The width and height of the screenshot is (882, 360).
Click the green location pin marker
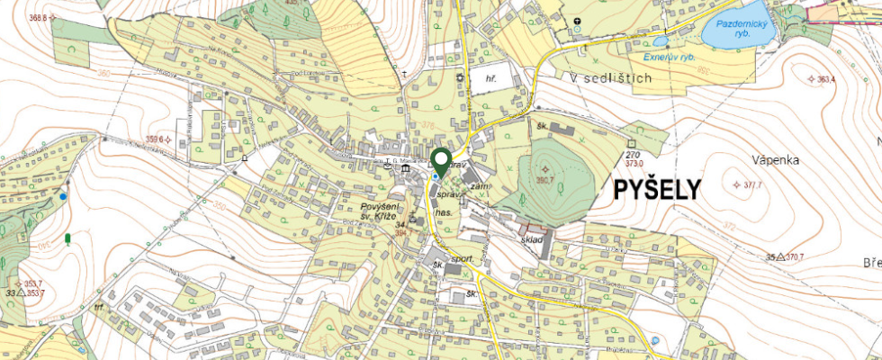point(441,162)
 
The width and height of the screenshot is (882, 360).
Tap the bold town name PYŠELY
point(658,190)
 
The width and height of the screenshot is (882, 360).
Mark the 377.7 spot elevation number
point(752,184)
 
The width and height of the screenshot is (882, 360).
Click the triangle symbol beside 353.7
point(20,292)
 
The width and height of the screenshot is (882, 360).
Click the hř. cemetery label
point(491,78)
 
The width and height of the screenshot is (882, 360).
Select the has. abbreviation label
point(442,211)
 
